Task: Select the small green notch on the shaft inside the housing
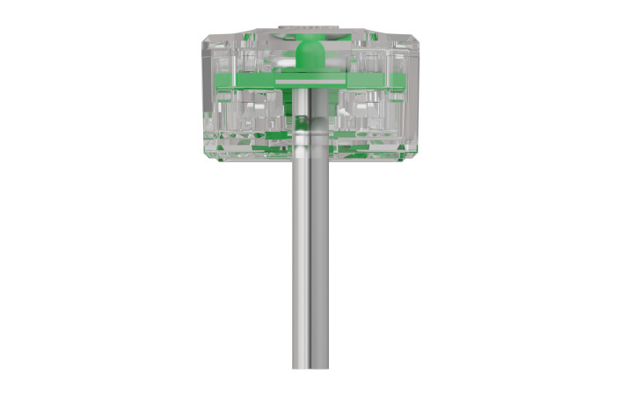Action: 300,119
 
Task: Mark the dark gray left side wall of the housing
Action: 208,97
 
